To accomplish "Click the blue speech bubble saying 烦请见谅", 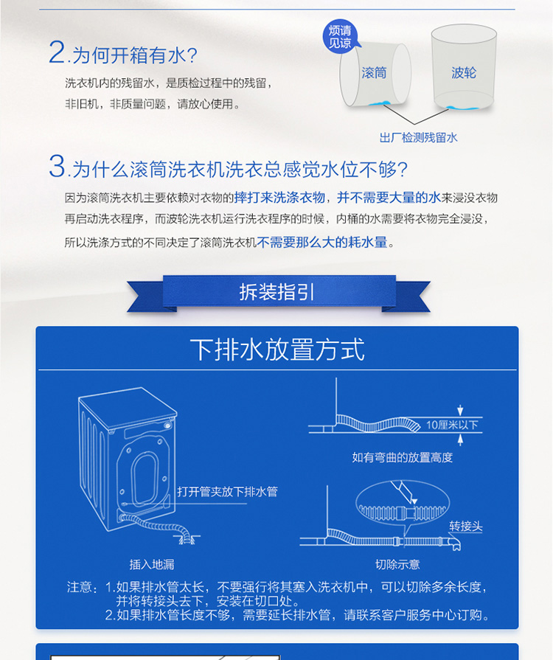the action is point(340,36).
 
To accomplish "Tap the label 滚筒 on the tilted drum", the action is point(374,73).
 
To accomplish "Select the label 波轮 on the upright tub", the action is point(464,73).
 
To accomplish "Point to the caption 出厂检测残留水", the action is point(418,138).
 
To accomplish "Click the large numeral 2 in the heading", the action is point(57,52).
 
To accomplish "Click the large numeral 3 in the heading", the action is point(57,166).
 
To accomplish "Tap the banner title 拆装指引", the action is point(276,292).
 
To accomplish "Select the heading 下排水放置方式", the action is point(277,350).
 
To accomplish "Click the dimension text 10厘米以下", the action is point(452,425).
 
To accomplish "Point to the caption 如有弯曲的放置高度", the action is point(403,457).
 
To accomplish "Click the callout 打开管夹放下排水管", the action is point(227,491).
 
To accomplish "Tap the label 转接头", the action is point(465,526).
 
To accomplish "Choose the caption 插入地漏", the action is point(151,564).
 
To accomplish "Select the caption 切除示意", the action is point(397,564).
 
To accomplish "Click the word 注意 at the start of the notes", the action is point(80,587).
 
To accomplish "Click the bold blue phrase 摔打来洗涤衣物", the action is point(279,198).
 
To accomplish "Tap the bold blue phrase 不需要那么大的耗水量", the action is point(322,242).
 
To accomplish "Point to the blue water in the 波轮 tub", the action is point(462,108).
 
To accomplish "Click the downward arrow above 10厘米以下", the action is point(460,410).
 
